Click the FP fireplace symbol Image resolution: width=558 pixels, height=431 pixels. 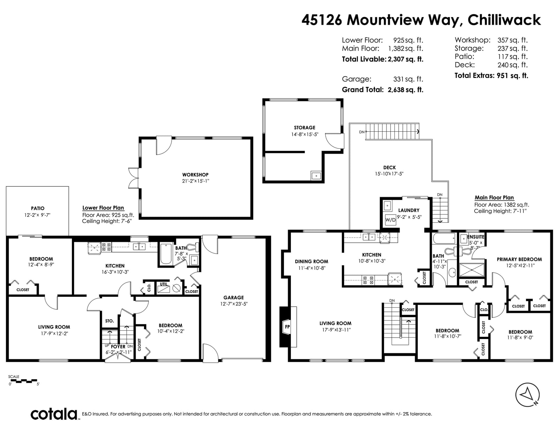288,326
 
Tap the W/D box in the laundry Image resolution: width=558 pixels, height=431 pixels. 390,220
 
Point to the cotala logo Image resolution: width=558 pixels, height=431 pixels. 54,414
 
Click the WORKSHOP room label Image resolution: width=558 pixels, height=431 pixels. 195,175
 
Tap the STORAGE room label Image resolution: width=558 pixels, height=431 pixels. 304,128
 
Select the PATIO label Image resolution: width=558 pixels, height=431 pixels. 38,208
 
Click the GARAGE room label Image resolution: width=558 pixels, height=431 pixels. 233,298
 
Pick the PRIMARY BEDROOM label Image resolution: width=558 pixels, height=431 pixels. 519,259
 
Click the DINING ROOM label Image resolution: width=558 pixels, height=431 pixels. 311,261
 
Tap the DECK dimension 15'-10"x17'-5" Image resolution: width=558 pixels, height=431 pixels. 389,174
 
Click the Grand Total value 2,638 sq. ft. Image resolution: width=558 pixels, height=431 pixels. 406,90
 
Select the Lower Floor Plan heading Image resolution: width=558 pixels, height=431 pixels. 103,208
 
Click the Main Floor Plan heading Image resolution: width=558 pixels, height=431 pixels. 494,198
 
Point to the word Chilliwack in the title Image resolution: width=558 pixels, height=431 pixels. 504,20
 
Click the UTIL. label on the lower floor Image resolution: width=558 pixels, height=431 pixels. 164,284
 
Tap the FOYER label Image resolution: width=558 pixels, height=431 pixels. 118,347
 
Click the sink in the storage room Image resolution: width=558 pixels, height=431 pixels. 316,176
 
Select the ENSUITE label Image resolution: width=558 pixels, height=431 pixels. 476,237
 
